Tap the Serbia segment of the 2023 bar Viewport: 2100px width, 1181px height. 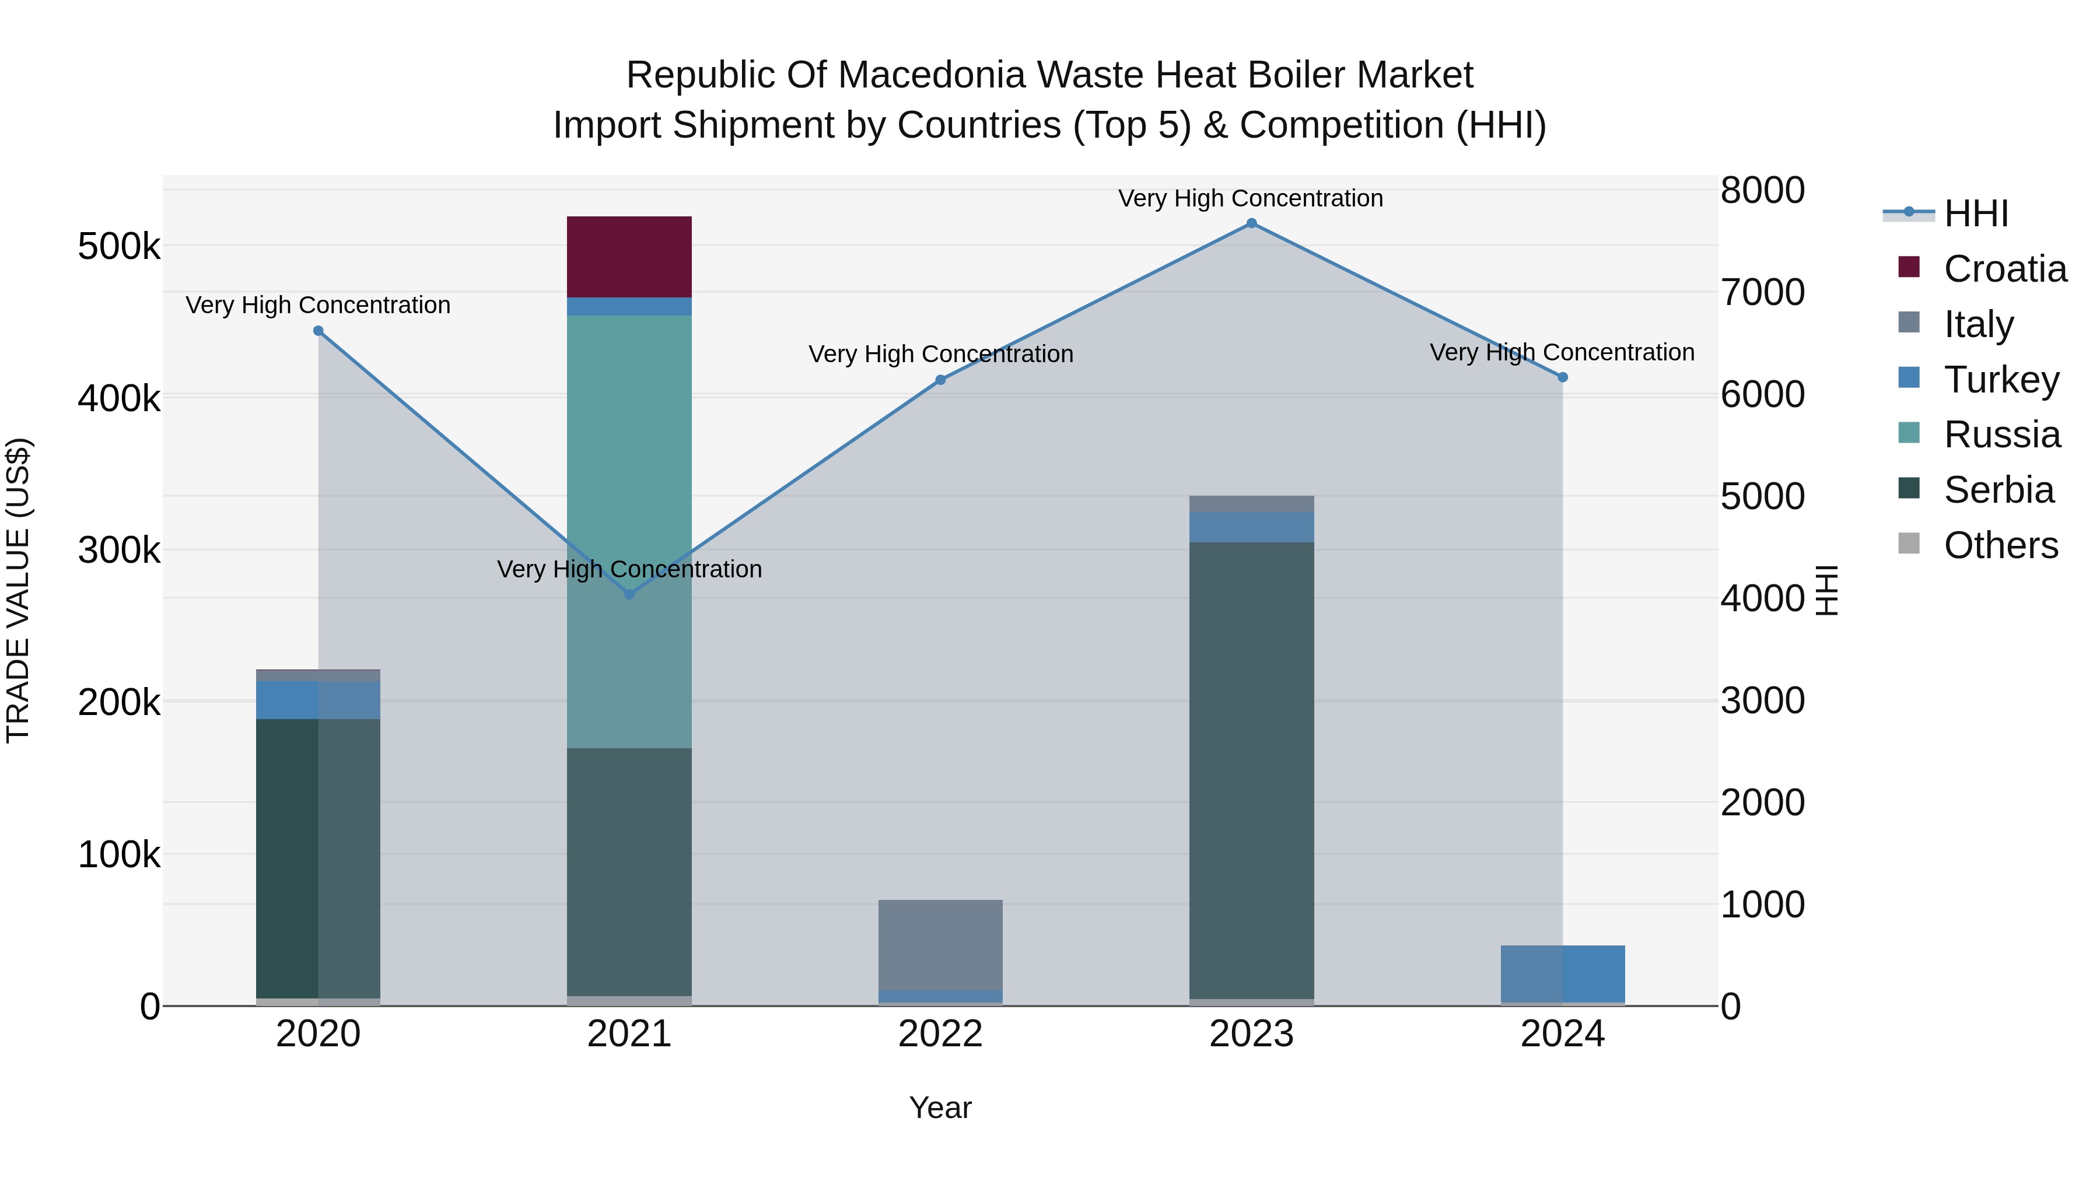1251,770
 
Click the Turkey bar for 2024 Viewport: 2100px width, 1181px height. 1563,973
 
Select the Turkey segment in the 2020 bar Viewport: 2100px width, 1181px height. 318,700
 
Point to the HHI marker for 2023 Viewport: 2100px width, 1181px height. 1251,223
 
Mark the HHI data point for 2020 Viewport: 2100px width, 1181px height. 318,331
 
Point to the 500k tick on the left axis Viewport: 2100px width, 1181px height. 119,246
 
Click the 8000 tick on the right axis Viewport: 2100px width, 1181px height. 1762,191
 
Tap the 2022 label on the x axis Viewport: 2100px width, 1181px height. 940,1034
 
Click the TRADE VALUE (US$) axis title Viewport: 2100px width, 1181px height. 18,590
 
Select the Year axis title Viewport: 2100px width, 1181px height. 940,1108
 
